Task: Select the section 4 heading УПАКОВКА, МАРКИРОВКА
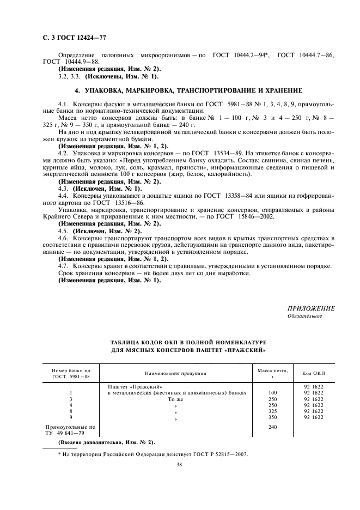(x=188, y=89)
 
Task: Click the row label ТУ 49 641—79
(x=66, y=433)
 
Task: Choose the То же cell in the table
(x=175, y=399)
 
